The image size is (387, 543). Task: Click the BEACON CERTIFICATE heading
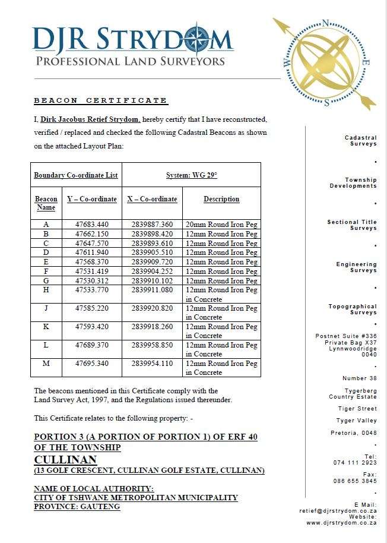point(100,100)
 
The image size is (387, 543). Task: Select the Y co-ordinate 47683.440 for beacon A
point(92,225)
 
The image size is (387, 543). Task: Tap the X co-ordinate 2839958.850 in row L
point(152,345)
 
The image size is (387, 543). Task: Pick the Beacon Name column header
point(46,203)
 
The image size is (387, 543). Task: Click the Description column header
point(221,199)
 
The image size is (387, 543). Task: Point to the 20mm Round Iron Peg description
point(221,225)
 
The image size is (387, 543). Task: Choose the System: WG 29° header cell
point(191,175)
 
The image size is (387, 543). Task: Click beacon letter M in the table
point(46,364)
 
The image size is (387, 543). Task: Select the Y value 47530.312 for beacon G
point(92,280)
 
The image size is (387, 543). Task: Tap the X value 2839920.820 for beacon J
point(152,308)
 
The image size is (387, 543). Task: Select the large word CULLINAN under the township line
point(65,459)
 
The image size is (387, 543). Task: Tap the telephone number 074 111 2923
point(355,462)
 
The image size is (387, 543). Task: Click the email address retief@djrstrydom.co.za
point(337,510)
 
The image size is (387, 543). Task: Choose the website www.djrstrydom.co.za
point(341,523)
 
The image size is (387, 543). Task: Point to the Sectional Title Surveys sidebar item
point(352,225)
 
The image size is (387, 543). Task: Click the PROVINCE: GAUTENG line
point(77,507)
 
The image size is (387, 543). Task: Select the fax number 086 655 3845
point(355,481)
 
